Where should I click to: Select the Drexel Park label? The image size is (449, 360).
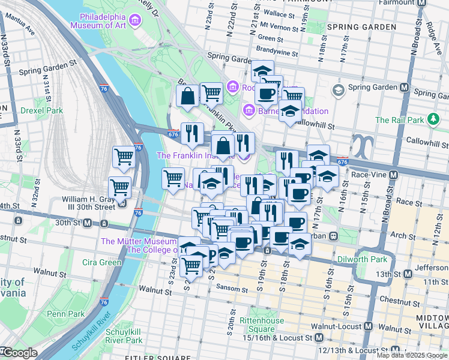(41, 110)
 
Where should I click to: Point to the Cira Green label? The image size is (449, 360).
(102, 262)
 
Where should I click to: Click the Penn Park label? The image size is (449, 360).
(66, 313)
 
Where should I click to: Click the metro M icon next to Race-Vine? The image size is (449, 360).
(393, 175)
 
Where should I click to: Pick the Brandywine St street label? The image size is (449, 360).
(277, 50)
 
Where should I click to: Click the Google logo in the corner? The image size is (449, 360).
(19, 353)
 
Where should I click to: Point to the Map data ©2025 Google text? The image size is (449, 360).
(412, 355)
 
